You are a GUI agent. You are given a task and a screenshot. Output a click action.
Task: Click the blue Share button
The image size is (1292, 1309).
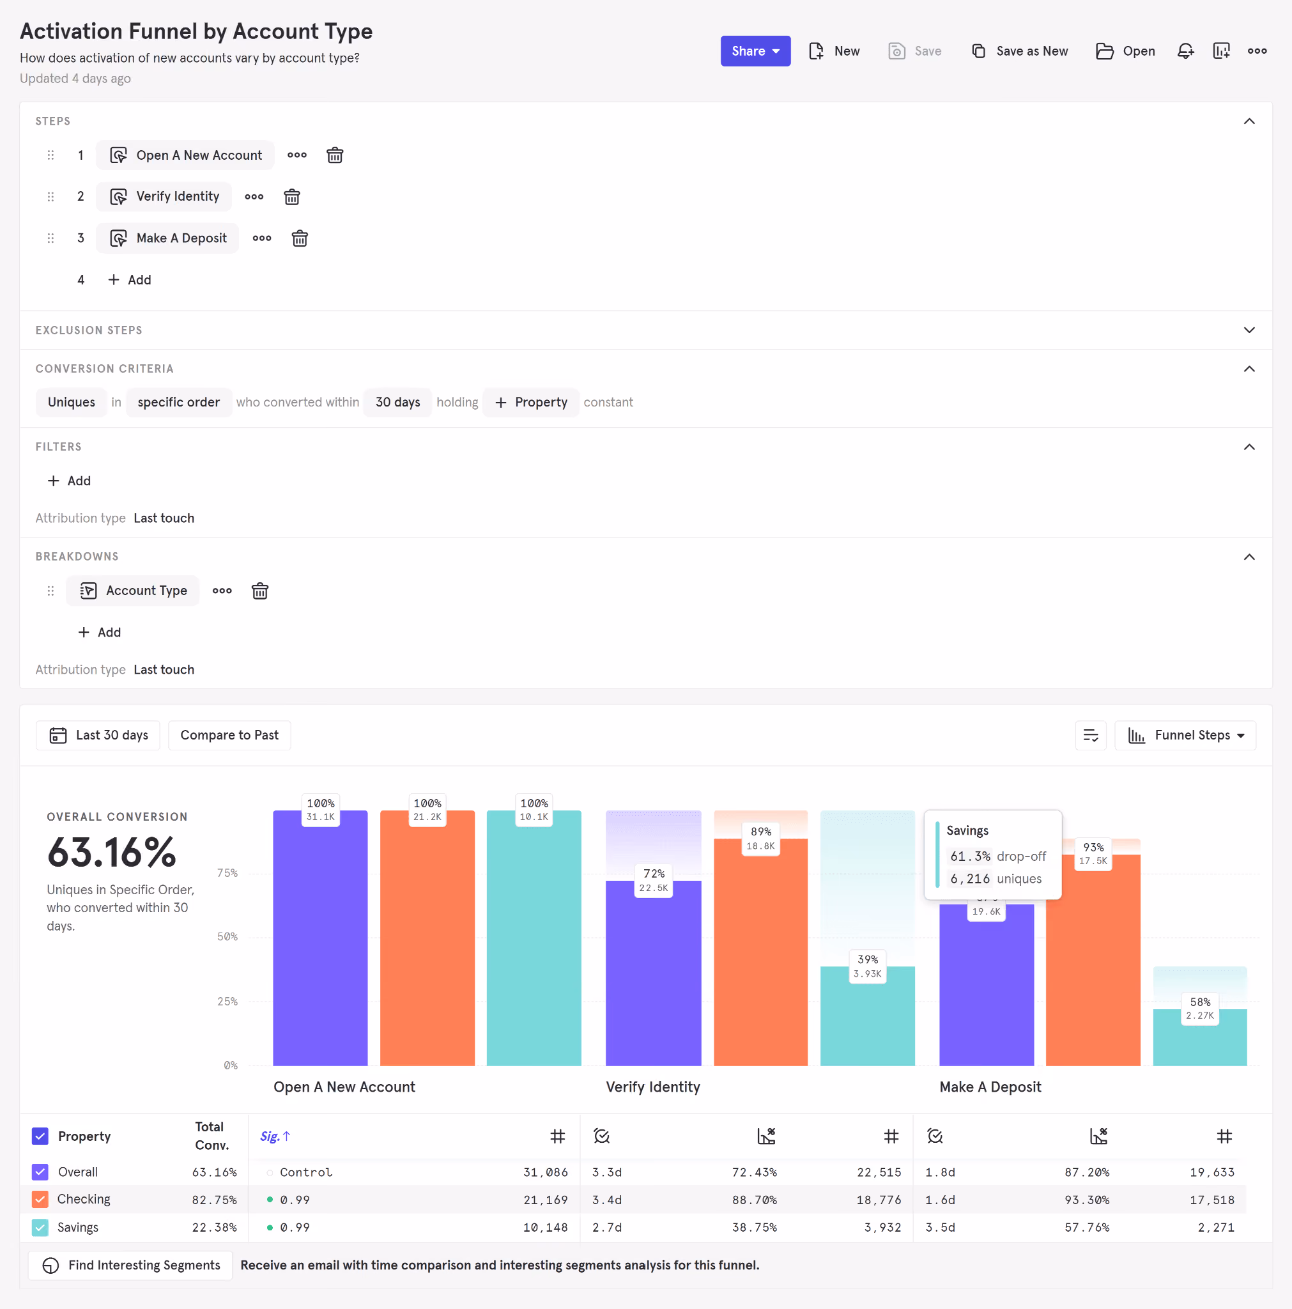pos(755,51)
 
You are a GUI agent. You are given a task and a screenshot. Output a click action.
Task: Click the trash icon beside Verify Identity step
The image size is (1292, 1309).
pos(292,197)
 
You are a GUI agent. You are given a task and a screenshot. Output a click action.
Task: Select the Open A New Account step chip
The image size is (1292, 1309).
pos(185,155)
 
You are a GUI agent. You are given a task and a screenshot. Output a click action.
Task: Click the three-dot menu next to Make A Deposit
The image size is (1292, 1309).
pos(262,238)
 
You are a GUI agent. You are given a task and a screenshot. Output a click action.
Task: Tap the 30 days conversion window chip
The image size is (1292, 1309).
pos(397,403)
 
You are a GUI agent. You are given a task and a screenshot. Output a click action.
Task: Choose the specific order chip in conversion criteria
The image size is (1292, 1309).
pos(179,403)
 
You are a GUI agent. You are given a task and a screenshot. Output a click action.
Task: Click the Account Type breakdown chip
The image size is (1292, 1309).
pos(133,591)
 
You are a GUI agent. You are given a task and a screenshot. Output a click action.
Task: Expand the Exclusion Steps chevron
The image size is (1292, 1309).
pos(1249,330)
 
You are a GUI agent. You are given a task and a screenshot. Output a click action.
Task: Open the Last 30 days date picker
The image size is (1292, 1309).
pos(98,735)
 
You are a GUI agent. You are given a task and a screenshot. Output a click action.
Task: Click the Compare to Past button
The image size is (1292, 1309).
pos(229,735)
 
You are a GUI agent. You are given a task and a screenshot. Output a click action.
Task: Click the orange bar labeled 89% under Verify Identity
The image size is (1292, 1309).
pos(761,952)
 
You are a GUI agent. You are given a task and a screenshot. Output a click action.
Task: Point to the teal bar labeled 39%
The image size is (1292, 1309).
pos(868,1016)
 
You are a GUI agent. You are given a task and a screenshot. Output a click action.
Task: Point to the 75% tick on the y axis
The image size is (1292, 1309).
pos(227,872)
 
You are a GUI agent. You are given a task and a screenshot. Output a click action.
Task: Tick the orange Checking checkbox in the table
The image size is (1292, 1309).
pos(41,1199)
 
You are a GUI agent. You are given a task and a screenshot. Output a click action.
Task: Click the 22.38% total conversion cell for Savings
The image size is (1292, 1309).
pos(215,1227)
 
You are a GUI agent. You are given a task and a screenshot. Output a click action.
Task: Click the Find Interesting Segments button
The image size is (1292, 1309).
pos(131,1265)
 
